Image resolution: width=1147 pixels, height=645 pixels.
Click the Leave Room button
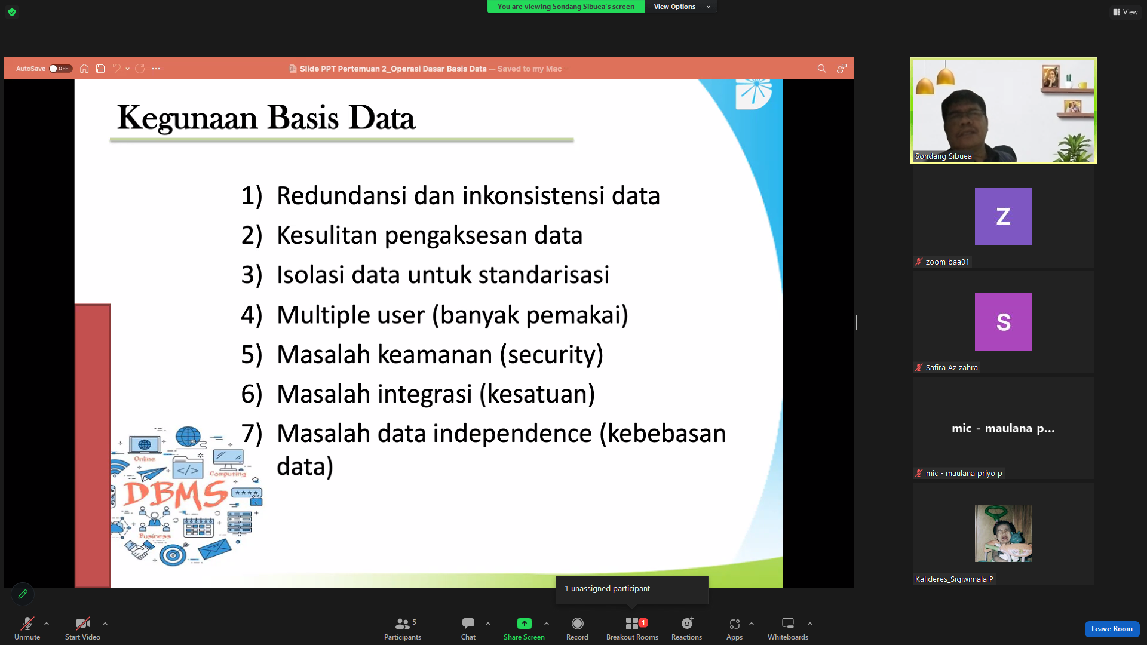[1112, 629]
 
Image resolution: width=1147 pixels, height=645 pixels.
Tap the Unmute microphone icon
[27, 623]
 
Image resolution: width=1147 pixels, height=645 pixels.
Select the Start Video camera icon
[82, 623]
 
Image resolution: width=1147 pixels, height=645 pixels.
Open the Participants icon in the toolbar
[403, 623]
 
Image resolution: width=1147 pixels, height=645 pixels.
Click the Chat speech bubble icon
[468, 623]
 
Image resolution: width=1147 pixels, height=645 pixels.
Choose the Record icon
[577, 623]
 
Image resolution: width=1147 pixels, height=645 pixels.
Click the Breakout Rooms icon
[632, 623]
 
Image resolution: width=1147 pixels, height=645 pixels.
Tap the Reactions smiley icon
[687, 623]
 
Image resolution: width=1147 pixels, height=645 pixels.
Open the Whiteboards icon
[788, 623]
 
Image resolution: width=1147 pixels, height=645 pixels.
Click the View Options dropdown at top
[681, 7]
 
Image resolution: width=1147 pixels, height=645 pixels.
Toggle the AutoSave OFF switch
[60, 69]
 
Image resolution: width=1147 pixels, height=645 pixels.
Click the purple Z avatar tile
[1003, 216]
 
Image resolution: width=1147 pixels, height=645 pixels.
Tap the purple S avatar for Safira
[1003, 322]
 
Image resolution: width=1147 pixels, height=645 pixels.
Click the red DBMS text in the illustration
[176, 495]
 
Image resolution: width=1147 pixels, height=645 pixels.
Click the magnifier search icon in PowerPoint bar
[821, 69]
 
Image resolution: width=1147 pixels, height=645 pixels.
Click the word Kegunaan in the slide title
[187, 118]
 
